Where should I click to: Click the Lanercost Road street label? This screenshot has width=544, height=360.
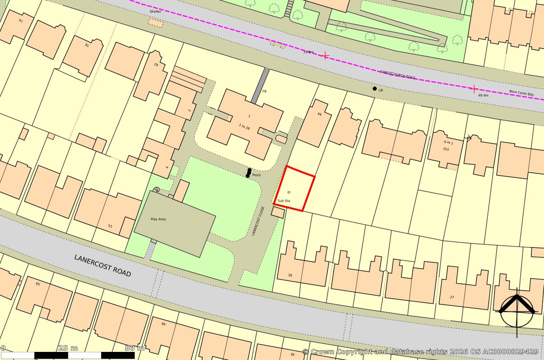[103, 265]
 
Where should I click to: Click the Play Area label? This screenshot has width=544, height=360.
[158, 219]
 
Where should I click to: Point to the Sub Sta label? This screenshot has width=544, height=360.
[284, 201]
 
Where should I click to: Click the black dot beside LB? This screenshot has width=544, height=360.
[375, 89]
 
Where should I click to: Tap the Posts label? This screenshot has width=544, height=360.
[256, 175]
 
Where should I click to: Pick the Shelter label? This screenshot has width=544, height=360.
[156, 12]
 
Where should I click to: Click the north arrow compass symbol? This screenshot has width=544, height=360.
[517, 310]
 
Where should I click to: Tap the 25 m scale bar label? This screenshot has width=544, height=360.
[68, 348]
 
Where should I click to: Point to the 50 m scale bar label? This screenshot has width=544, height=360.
[134, 348]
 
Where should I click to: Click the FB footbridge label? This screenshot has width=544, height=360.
[264, 91]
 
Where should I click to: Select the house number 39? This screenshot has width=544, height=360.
[290, 275]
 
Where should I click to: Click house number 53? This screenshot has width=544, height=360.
[110, 226]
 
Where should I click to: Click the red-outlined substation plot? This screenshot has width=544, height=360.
[294, 188]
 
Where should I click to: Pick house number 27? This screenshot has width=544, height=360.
[452, 297]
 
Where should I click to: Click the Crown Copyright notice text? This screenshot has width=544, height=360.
[420, 351]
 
